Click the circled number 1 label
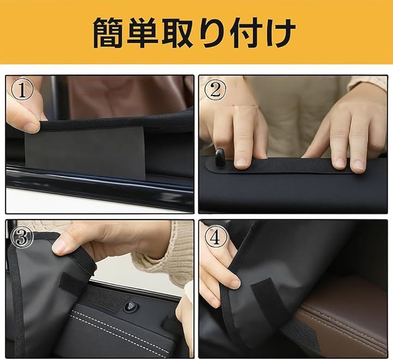tap(22, 91)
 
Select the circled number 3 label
tap(22, 237)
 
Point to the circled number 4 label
tap(216, 237)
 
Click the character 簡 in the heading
tap(109, 33)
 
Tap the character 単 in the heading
tap(142, 33)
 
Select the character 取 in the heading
tap(177, 33)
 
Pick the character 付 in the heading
tap(246, 33)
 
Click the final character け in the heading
tap(280, 33)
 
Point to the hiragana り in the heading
tap(212, 33)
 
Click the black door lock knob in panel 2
tap(220, 158)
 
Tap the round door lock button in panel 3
tap(130, 306)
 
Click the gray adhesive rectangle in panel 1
tap(85, 153)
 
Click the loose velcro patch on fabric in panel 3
tap(73, 283)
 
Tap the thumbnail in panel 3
tap(59, 247)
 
